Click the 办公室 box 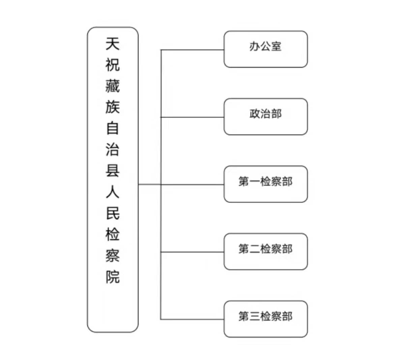tap(266, 49)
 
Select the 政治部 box tap(266, 117)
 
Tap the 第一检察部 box tap(266, 184)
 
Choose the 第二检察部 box tap(266, 251)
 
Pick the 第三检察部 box tap(266, 319)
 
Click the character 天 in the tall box tap(113, 44)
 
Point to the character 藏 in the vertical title tap(113, 86)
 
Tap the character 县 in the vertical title tap(113, 171)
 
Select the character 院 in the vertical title tap(113, 277)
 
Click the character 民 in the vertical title tap(113, 213)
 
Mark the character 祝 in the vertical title tap(113, 65)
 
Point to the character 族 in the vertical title tap(113, 107)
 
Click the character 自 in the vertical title tap(113, 128)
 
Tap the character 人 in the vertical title tap(113, 192)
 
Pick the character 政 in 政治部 tap(254, 114)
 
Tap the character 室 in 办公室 tap(276, 47)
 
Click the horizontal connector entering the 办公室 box tap(192, 50)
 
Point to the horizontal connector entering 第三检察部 tap(192, 319)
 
